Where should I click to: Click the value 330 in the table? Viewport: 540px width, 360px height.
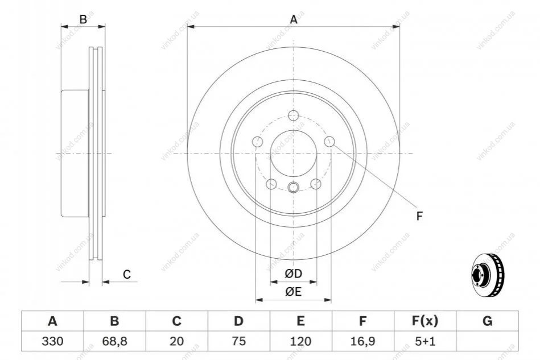[52, 341]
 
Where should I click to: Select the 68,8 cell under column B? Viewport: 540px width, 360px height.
[115, 341]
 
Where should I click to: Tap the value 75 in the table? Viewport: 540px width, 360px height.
[238, 341]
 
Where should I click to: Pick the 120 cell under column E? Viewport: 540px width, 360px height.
[300, 341]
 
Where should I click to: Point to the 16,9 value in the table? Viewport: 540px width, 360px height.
[362, 341]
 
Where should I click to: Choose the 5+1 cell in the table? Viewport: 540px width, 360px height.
[425, 341]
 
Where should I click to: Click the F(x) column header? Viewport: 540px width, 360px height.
[425, 321]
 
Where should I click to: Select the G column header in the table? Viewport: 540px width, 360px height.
[487, 321]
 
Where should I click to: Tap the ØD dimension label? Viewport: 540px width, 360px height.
[293, 274]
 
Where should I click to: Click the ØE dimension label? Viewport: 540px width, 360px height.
[293, 292]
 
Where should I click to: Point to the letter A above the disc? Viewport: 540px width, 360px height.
[294, 19]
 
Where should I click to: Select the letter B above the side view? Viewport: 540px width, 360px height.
[83, 19]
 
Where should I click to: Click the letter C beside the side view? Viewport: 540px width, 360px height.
[127, 274]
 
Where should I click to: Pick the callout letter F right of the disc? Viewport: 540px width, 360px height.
[419, 216]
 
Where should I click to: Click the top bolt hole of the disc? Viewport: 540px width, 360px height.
[294, 115]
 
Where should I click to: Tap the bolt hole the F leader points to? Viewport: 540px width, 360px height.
[329, 142]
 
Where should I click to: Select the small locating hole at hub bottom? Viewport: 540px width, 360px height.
[294, 187]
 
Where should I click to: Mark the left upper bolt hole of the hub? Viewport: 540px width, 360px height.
[257, 142]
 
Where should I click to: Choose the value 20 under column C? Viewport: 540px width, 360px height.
[176, 341]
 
